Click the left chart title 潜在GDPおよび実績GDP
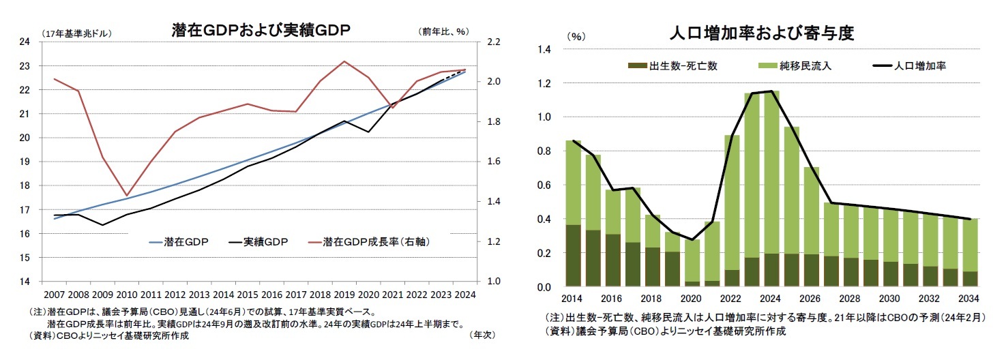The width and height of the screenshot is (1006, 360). (262, 30)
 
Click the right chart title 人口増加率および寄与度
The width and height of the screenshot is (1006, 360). (762, 33)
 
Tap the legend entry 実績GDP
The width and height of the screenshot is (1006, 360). (266, 242)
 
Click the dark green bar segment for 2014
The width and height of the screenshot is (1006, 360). (574, 256)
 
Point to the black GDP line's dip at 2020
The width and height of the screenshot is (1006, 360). (369, 132)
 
